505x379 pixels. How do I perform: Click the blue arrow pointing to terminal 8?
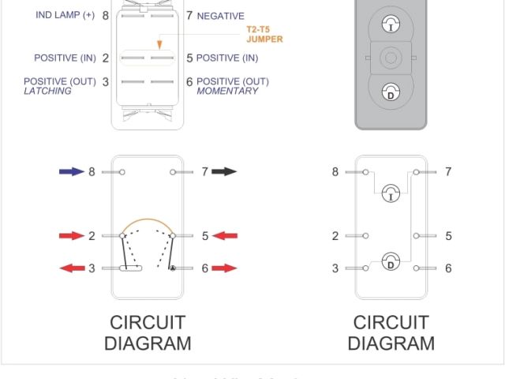click(72, 171)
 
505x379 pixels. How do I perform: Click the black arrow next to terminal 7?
click(224, 171)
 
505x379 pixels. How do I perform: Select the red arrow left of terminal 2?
click(72, 235)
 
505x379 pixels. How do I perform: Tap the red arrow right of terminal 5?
click(225, 235)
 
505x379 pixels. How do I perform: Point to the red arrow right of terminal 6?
click(225, 268)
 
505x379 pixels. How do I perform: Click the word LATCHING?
click(47, 92)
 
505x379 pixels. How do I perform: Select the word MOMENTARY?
click(227, 92)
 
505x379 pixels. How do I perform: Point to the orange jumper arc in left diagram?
click(147, 221)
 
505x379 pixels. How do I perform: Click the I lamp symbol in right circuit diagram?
click(391, 193)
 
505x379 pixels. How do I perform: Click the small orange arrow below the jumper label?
click(160, 44)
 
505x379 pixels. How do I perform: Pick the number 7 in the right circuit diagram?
click(448, 171)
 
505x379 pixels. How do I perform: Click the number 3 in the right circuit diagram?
click(335, 268)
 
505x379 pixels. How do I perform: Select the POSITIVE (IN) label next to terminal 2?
click(65, 58)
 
